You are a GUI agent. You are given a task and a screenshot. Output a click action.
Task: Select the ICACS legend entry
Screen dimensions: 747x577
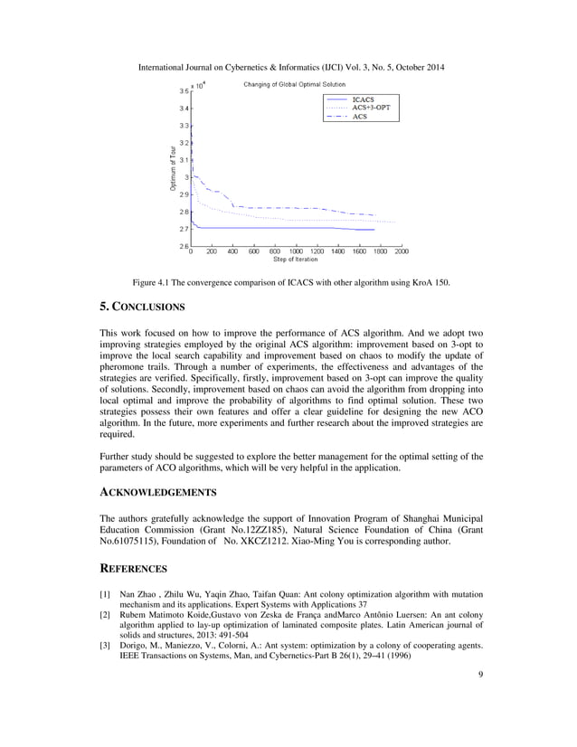(363, 98)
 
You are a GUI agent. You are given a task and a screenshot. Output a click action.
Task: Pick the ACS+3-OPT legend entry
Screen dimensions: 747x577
(371, 107)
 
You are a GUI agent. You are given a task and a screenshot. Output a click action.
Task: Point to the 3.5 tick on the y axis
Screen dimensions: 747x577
(184, 91)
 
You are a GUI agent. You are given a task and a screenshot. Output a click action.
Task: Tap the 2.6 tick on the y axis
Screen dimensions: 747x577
(184, 246)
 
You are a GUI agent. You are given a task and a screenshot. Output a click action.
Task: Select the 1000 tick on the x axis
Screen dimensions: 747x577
(296, 252)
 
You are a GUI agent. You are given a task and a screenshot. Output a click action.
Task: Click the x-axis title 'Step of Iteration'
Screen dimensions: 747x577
(296, 260)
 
